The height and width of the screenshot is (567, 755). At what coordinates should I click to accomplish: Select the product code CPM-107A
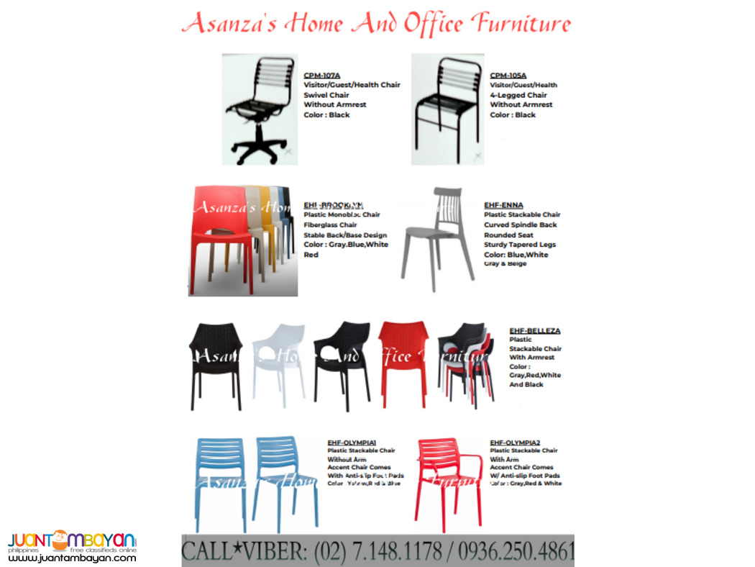[321, 75]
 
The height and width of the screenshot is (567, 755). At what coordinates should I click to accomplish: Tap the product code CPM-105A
[508, 75]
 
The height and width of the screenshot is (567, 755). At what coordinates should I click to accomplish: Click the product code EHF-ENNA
[503, 205]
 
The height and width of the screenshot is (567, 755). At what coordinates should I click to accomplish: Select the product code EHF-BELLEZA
[534, 331]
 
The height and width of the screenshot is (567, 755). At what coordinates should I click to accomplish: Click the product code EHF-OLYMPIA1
[352, 443]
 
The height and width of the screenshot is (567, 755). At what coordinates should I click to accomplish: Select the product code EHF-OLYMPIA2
[515, 443]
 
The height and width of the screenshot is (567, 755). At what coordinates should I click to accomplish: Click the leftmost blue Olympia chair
[219, 482]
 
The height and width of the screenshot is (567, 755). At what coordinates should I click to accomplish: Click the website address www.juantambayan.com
[72, 558]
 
